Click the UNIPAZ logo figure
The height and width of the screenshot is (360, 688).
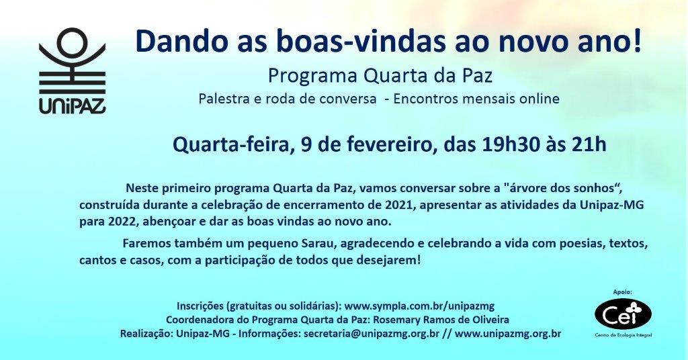tap(73, 60)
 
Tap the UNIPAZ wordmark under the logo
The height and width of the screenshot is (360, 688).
tap(73, 105)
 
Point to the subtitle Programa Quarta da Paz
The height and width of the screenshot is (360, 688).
tap(380, 76)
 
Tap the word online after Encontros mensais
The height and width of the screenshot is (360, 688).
tap(540, 99)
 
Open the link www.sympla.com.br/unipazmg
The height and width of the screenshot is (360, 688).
tap(419, 306)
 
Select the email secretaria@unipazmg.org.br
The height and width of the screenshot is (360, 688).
tap(371, 334)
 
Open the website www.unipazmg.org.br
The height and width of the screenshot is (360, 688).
tap(508, 334)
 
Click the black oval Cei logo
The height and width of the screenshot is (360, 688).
tap(623, 313)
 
